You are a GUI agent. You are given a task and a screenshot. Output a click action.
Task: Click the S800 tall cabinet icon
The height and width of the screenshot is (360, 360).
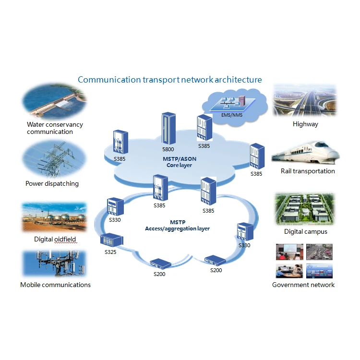click(x=168, y=128)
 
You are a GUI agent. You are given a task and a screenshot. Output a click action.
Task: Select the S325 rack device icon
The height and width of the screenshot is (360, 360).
click(x=112, y=240)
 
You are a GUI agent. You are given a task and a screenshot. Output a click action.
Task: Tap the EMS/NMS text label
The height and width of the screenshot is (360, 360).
click(x=232, y=115)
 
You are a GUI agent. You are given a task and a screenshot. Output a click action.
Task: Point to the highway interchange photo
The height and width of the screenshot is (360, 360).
click(x=304, y=100)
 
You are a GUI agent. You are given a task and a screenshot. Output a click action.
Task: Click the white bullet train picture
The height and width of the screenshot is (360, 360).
click(x=305, y=153)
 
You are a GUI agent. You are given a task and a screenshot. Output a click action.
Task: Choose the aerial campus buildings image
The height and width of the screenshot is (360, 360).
click(x=305, y=209)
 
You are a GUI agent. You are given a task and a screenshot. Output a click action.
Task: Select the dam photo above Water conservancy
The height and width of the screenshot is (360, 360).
click(x=54, y=101)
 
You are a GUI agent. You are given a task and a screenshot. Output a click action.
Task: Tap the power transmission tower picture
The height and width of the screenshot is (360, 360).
click(x=54, y=159)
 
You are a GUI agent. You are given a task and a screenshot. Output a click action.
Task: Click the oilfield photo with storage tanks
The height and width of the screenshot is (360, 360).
click(x=54, y=217)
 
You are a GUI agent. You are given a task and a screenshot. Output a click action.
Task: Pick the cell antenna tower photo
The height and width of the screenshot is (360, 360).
click(x=54, y=264)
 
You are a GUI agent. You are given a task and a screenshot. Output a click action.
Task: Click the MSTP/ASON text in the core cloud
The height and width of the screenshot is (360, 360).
click(x=180, y=159)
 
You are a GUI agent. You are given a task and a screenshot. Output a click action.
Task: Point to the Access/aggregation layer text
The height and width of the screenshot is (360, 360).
click(x=177, y=228)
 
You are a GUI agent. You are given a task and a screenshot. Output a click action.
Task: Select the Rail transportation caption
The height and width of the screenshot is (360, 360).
click(x=308, y=171)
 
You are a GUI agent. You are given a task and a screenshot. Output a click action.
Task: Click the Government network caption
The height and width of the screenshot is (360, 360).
click(x=303, y=285)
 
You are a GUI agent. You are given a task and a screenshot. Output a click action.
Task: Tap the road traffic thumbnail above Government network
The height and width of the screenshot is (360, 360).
click(x=319, y=252)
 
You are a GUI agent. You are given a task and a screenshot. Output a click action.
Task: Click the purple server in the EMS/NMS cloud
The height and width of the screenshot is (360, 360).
click(x=242, y=101)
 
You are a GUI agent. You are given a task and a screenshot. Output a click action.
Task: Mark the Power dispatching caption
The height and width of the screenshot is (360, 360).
click(x=52, y=184)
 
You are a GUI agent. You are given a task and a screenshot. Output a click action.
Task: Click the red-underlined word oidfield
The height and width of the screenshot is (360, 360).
click(x=65, y=239)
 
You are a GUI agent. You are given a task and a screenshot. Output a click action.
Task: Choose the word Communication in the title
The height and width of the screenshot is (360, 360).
click(x=109, y=80)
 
